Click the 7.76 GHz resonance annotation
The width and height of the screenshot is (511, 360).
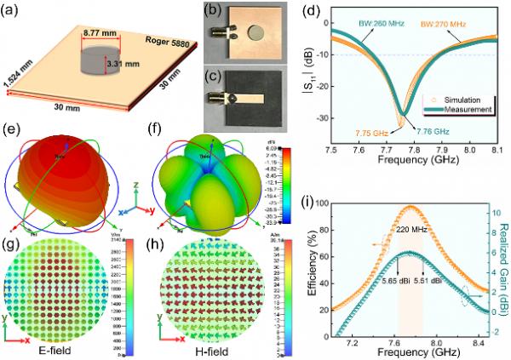pos(431,129)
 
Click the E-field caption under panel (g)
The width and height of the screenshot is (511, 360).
pos(58,349)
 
